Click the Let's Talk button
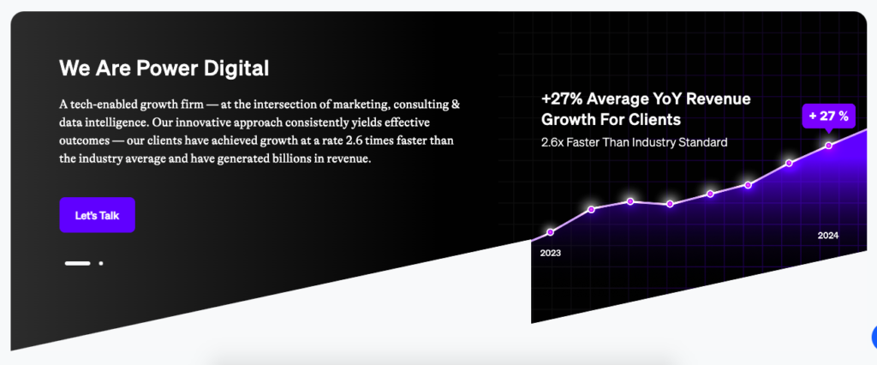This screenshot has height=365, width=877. [97, 216]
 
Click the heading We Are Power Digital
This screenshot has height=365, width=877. [164, 68]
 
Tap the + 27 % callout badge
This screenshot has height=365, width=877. [828, 116]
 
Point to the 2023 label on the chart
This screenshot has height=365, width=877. [550, 253]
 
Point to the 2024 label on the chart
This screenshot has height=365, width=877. [828, 236]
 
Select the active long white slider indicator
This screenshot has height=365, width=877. [77, 263]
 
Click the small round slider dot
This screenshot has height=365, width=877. [101, 263]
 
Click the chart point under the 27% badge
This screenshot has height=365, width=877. [828, 146]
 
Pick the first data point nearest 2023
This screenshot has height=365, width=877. [551, 231]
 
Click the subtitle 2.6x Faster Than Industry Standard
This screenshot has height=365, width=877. [635, 141]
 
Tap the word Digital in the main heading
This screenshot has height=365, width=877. [238, 68]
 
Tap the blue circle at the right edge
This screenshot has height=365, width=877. [874, 336]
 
